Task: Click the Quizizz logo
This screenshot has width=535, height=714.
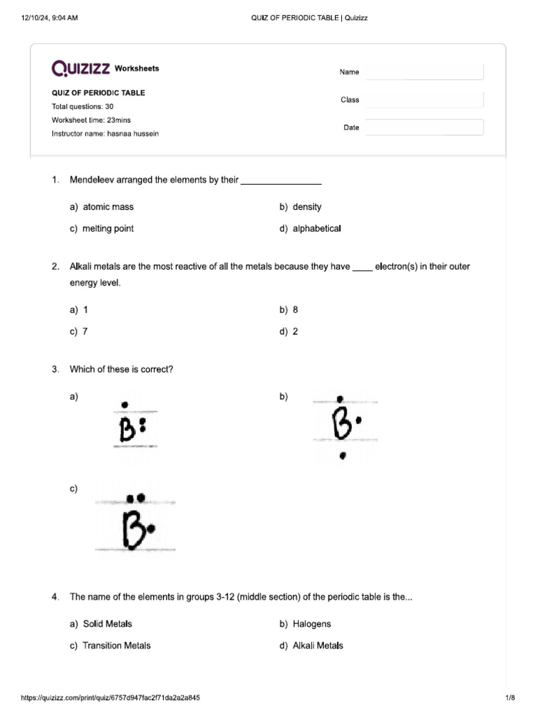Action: (x=81, y=68)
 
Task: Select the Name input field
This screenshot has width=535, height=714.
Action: (x=424, y=72)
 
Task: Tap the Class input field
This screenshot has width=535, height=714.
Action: (x=424, y=100)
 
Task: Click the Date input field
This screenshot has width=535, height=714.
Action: (x=424, y=128)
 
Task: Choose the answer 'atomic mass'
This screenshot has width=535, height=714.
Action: (x=108, y=207)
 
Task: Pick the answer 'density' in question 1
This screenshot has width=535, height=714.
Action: (x=307, y=207)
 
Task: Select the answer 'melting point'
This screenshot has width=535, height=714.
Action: (x=108, y=229)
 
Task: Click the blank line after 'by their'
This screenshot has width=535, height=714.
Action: (x=281, y=181)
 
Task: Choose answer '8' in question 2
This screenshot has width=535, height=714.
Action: (x=295, y=310)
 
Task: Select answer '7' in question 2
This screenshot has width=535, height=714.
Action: (x=85, y=332)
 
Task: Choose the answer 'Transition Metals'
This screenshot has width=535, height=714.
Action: (x=116, y=646)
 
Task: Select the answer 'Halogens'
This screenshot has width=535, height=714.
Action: (x=311, y=624)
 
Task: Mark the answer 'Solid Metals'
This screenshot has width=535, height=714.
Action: (x=107, y=624)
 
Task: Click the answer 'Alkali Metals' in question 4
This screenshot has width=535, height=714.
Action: (x=318, y=646)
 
